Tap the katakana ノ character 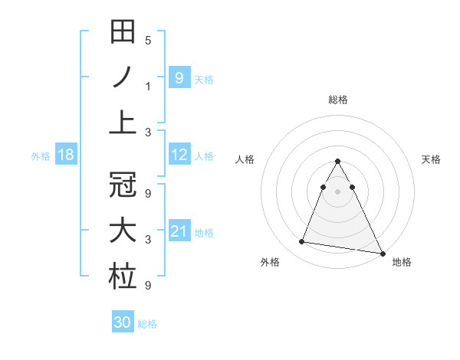pyautogui.click(x=123, y=78)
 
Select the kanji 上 pyautogui.click(x=123, y=121)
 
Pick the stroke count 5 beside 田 pyautogui.click(x=148, y=40)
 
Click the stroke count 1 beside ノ pyautogui.click(x=148, y=86)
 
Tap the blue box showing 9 pyautogui.click(x=179, y=77)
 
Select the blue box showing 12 pyautogui.click(x=179, y=155)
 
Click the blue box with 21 pyautogui.click(x=179, y=231)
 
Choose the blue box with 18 pyautogui.click(x=65, y=155)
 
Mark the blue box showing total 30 pyautogui.click(x=123, y=322)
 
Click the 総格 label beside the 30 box pyautogui.click(x=147, y=324)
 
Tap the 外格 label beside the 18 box pyautogui.click(x=41, y=156)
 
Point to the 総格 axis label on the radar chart pyautogui.click(x=338, y=100)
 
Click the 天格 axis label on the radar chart pyautogui.click(x=432, y=159)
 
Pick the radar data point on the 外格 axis pyautogui.click(x=302, y=242)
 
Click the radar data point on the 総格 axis pyautogui.click(x=338, y=161)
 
